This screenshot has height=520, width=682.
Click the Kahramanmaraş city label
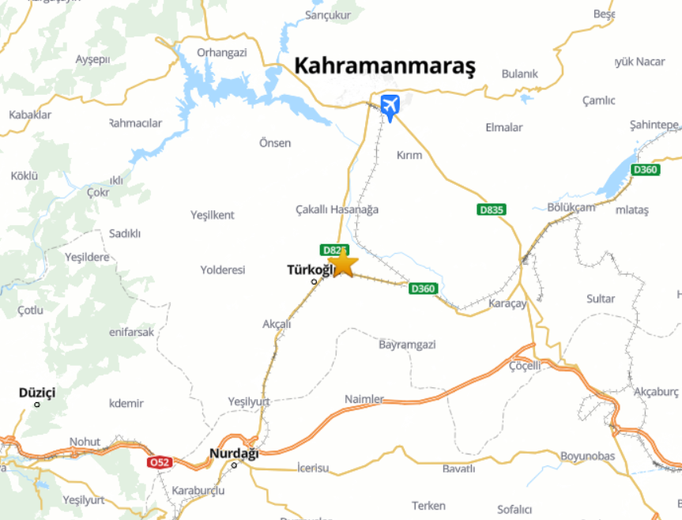point(385,66)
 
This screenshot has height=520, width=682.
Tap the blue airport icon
point(390,105)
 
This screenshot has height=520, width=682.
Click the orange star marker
point(343,263)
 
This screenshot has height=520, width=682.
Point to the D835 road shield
point(492,209)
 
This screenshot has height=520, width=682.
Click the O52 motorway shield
point(159,462)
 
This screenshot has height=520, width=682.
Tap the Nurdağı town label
point(234,454)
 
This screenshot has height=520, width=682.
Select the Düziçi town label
point(37,393)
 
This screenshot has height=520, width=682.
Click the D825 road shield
point(333,250)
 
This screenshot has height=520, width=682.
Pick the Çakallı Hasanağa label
point(337,209)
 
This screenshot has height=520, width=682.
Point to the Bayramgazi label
point(407,345)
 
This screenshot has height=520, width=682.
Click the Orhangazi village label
point(222,52)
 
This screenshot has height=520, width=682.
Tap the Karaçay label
point(507,304)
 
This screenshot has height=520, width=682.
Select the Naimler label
point(364,399)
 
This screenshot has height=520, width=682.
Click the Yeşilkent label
point(213,215)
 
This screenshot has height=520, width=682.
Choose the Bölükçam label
point(571,207)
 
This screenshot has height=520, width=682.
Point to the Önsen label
point(275,143)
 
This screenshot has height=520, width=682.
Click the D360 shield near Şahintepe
point(646,170)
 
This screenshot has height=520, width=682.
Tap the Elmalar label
point(504,127)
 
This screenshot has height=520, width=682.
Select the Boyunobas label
point(587,456)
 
